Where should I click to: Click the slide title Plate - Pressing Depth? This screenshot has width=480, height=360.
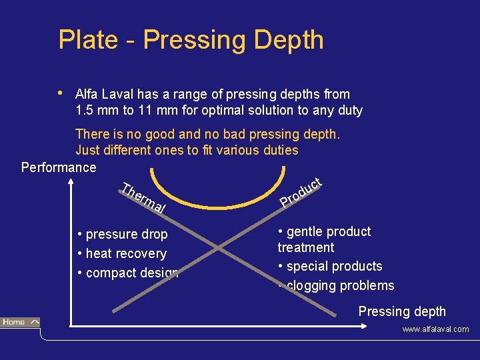click(191, 40)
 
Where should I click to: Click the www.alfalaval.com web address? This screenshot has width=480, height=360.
click(435, 329)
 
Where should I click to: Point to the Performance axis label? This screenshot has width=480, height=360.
click(59, 167)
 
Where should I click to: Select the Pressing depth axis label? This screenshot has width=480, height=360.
click(402, 311)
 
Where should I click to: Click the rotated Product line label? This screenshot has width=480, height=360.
click(301, 192)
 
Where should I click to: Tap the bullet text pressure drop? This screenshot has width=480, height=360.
click(123, 235)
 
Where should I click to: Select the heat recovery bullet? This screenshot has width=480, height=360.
click(123, 253)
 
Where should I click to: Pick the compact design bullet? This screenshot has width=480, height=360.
click(128, 273)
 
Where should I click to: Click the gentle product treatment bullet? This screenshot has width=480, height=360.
click(324, 239)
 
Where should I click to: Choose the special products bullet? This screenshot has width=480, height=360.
click(330, 266)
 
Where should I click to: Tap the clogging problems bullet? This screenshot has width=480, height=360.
click(337, 285)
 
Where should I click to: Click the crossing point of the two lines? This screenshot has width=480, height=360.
click(221, 247)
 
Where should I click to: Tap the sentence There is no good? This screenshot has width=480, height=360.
click(207, 135)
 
